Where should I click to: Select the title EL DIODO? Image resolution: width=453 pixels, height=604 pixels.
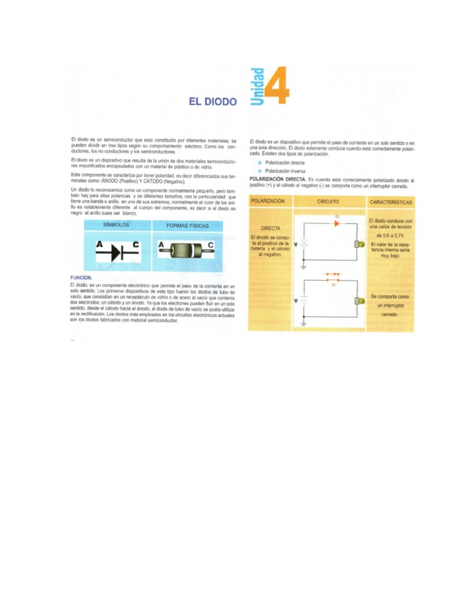[x=212, y=101]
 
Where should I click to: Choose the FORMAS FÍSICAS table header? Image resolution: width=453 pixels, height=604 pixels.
[x=187, y=225]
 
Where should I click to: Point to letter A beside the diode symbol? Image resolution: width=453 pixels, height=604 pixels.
[x=100, y=244]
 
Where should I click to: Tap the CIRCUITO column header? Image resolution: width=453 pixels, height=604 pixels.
[x=328, y=202]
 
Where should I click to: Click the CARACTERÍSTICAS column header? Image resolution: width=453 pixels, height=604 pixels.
[x=390, y=202]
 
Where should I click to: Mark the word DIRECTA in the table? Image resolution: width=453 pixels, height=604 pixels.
[x=271, y=227]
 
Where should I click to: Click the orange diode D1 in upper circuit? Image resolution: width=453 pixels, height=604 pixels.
[x=337, y=224]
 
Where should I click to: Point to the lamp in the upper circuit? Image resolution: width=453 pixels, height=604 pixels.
[x=357, y=244]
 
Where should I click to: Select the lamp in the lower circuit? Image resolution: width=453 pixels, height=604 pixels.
[x=357, y=301]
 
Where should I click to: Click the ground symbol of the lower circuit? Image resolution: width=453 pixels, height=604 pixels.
[x=304, y=324]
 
